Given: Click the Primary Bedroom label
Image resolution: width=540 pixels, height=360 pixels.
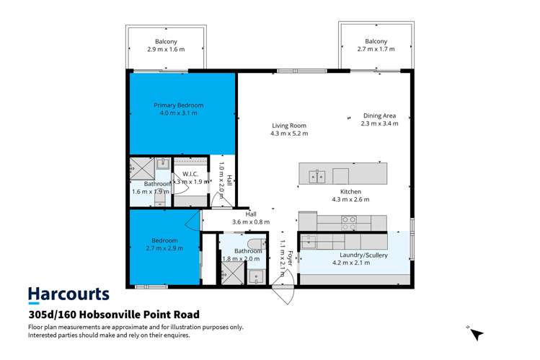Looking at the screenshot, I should coord(174,105).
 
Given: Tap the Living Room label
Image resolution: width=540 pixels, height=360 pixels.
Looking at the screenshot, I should coord(288,126).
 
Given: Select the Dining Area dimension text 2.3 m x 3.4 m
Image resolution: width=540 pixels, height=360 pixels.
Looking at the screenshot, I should coord(379,123).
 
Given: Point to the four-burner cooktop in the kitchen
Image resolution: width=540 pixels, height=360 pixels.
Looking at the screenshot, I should coord(348,220).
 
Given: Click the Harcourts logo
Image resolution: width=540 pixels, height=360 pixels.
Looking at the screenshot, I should coord(68,294).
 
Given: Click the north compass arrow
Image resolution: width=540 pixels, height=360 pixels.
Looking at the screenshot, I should coord(477,333).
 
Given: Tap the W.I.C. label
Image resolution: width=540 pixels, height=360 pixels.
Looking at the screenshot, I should coord(190,174).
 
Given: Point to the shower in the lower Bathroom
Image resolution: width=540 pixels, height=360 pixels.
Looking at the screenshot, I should coord(232,273).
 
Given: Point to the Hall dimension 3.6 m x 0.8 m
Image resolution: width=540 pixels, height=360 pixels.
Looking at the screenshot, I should coord(251,221).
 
